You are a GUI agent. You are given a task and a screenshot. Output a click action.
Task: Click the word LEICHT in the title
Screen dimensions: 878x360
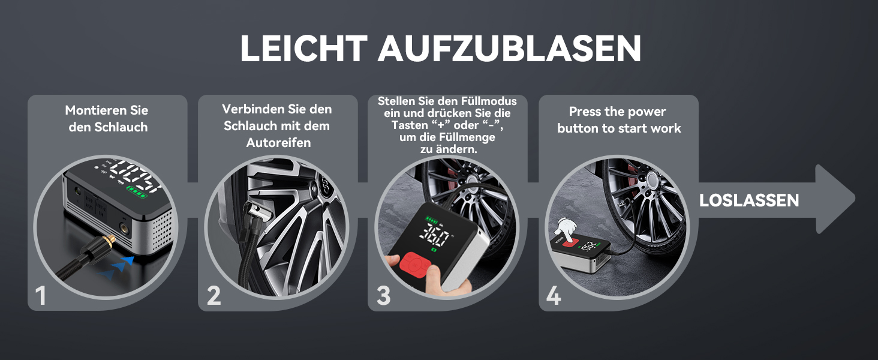[x=304, y=48]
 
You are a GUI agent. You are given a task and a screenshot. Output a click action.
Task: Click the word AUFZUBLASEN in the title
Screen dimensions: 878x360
[x=509, y=48]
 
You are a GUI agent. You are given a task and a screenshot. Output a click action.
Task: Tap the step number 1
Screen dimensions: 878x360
[x=40, y=295]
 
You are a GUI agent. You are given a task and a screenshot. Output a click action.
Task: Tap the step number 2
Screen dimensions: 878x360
[x=214, y=295]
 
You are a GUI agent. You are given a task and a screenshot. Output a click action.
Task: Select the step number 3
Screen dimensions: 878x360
[x=383, y=295]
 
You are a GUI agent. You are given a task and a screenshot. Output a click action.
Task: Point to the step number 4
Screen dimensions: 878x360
[x=554, y=295]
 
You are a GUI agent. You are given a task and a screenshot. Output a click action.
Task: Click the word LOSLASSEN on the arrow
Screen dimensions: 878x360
[x=749, y=200]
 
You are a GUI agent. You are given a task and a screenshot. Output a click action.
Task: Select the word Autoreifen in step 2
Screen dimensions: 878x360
[x=278, y=142]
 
